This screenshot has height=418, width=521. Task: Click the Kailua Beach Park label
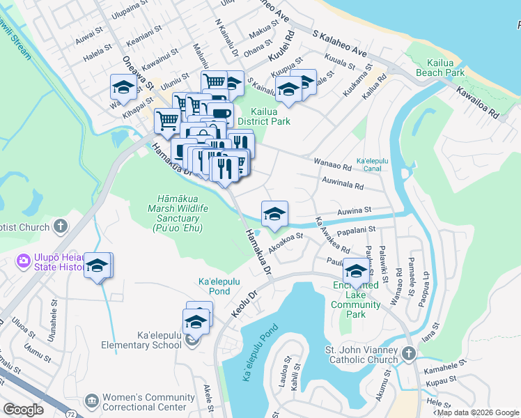tap(440, 68)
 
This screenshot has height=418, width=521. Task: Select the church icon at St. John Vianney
tap(408, 355)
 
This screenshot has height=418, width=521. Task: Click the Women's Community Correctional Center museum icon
tap(91, 401)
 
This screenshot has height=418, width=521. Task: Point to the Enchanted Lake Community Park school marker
tap(356, 272)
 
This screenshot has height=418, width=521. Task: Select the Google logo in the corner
tap(23, 410)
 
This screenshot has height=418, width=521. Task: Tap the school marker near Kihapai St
tap(123, 89)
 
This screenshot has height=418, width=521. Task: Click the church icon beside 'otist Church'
tap(61, 226)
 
